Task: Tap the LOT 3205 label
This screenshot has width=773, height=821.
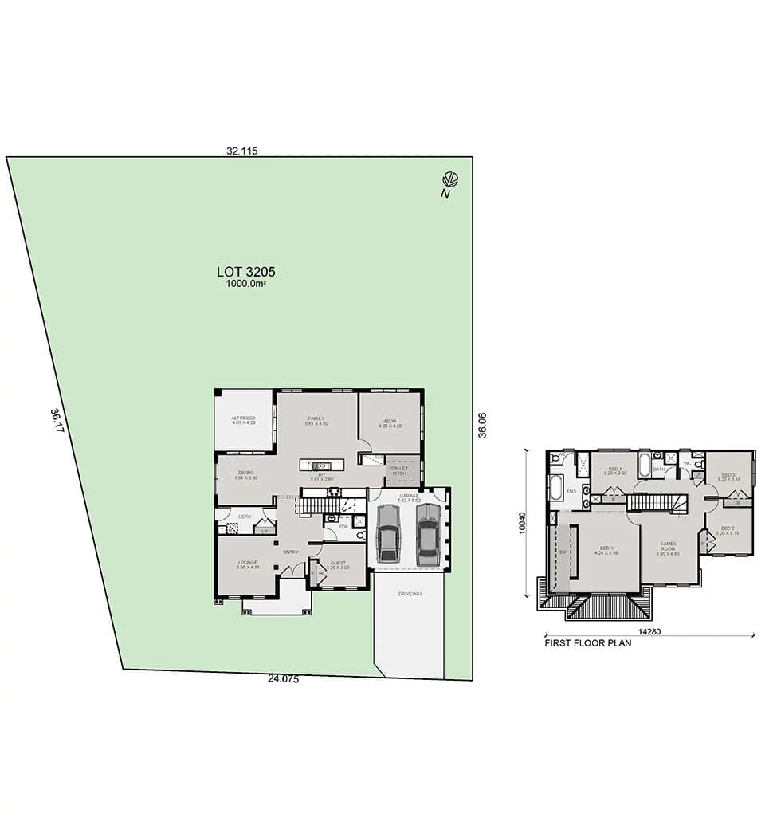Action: coord(245,271)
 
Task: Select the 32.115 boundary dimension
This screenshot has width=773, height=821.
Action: coord(241,150)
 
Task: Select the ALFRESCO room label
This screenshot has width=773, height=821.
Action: coord(243,418)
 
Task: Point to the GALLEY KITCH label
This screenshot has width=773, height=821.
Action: coord(399,470)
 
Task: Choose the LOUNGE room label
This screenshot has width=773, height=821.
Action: coord(247,563)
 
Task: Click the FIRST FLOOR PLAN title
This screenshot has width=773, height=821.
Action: coord(587,643)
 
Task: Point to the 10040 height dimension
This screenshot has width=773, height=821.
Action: coord(524,522)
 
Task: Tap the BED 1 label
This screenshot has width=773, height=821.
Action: coord(607,548)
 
